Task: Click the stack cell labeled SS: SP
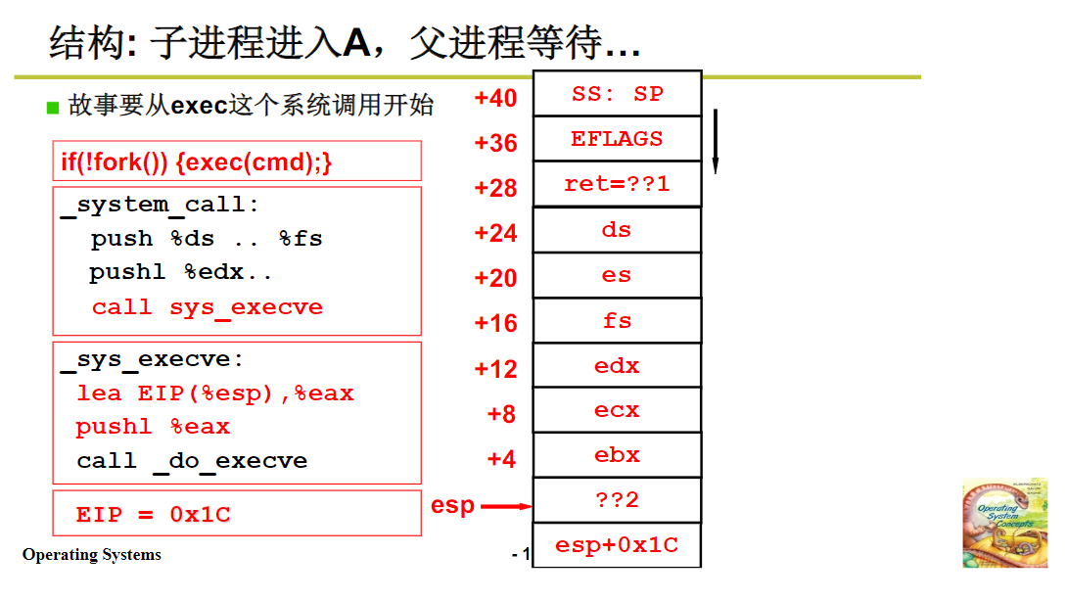pos(617,94)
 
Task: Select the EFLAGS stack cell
pos(617,139)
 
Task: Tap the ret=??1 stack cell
pos(617,184)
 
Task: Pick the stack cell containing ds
pos(617,230)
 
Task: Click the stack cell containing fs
pos(617,320)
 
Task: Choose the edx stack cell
pos(617,366)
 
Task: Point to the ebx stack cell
pos(617,455)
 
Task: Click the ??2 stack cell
pos(617,500)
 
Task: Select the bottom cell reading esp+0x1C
pos(617,545)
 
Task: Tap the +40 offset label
pos(495,98)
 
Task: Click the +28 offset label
pos(495,188)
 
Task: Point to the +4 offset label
pos(501,458)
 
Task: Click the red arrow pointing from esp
pos(507,506)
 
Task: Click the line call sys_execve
pos(207,307)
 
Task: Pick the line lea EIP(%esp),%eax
pos(215,393)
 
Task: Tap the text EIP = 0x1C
pos(154,515)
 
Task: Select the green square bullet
pos(54,108)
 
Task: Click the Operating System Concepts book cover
pos(1004,523)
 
